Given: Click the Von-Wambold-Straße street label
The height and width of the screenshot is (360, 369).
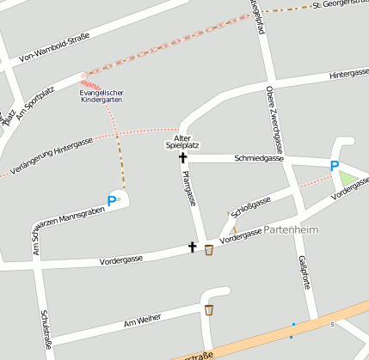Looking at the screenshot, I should pos(61,48).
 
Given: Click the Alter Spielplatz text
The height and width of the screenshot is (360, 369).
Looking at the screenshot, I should pos(181,143).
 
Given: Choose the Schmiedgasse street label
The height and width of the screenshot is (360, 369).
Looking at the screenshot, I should pos(259,158).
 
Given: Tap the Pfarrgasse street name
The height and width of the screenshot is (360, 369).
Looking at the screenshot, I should pos(189,188).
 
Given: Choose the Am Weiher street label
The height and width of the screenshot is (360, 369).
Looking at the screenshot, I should pos(143,322).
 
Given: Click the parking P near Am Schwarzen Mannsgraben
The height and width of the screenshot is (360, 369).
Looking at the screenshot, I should pos(111,201).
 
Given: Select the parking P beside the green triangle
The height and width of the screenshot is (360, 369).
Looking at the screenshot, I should pos(335,166).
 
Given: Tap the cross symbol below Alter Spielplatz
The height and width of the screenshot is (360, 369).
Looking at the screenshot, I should pos(182,157).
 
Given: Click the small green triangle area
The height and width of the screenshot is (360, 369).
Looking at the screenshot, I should pos(347,180).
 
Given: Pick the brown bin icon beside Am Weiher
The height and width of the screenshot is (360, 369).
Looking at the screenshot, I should pos(209,309).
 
